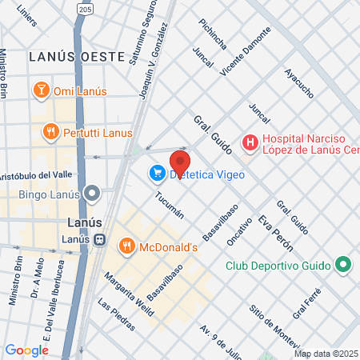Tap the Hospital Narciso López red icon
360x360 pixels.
(x=250, y=143)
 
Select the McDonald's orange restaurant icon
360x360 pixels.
(x=126, y=246)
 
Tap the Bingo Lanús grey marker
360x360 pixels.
(x=94, y=194)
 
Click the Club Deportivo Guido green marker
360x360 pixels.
(x=342, y=265)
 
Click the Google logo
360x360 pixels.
(x=26, y=350)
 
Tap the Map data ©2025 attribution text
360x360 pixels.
(x=326, y=354)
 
